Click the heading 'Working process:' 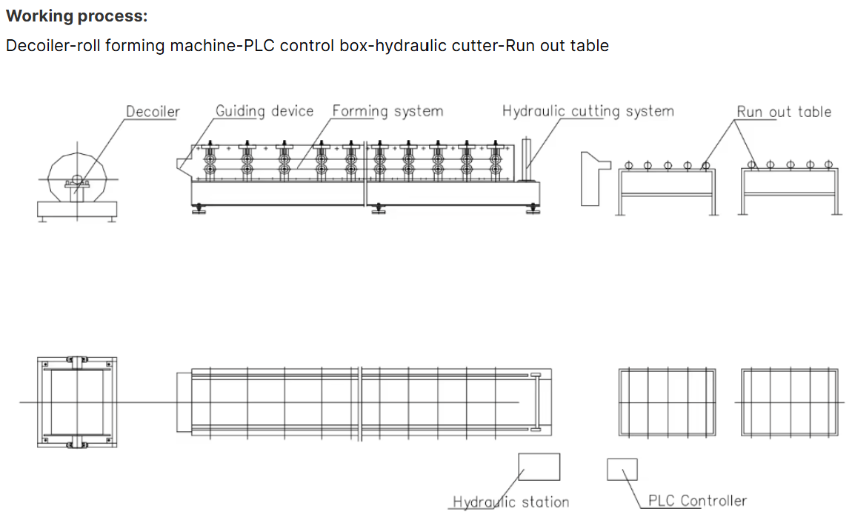(76, 16)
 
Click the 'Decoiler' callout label (153, 112)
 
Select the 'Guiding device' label (264, 111)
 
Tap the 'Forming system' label (387, 111)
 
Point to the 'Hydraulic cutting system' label (588, 111)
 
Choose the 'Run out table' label (784, 112)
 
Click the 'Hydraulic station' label (511, 502)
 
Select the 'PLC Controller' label (697, 501)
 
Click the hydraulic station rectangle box (539, 467)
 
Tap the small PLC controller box (622, 469)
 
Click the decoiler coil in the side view (77, 179)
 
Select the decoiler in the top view (77, 401)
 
